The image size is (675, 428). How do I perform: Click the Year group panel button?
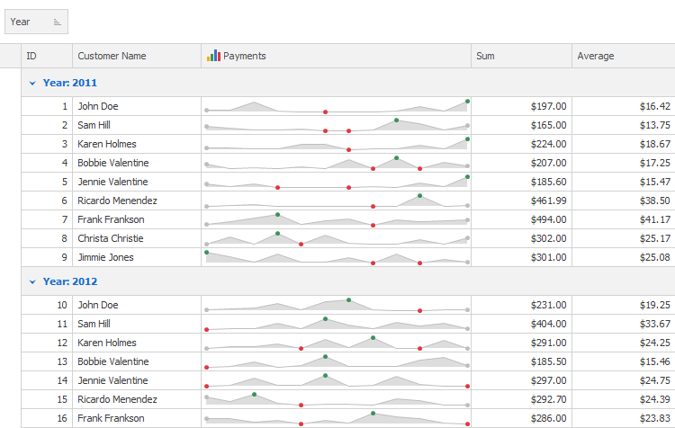coord(36,22)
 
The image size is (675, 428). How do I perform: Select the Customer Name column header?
coord(112,56)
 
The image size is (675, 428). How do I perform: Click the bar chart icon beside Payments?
coord(213,56)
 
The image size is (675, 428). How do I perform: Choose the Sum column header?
coord(486,56)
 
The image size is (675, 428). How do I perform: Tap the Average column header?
coord(596,56)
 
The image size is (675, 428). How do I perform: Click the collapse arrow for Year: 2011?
coord(32,83)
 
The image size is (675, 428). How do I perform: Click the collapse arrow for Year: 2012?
coord(32,281)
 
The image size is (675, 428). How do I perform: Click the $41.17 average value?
coord(654,219)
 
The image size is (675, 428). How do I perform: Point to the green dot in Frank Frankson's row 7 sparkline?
coord(278,214)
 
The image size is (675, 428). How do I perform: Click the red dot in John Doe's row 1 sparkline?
coord(325,111)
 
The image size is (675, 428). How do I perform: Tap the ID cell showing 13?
coord(62,361)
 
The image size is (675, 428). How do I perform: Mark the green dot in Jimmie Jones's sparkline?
coord(207,252)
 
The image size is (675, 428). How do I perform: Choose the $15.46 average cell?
coord(654,361)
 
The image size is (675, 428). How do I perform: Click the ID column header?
coord(32,56)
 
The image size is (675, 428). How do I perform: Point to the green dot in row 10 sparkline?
coord(348,299)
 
